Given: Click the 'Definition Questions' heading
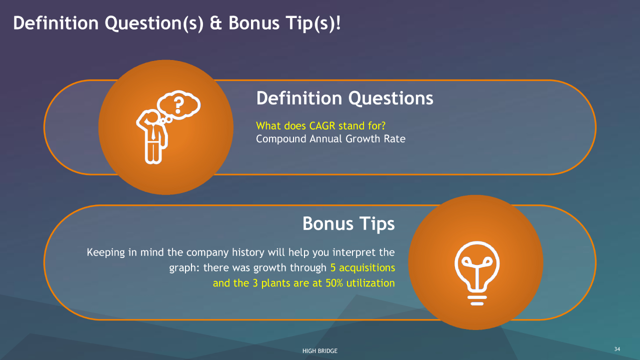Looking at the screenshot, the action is (x=344, y=99).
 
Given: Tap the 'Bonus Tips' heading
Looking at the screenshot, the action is (x=348, y=223).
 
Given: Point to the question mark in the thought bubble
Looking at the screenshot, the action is (x=178, y=105).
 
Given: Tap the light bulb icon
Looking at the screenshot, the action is (x=477, y=273).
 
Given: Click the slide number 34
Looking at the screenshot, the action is (x=617, y=349).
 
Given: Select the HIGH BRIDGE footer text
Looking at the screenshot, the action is (x=320, y=351).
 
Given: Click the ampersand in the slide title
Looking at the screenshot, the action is (x=215, y=23).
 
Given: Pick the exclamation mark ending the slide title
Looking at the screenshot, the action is (x=338, y=23).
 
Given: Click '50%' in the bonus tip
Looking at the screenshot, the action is (x=334, y=283).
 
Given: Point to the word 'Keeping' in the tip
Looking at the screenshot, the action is (x=105, y=253).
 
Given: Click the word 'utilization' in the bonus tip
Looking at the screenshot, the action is (x=370, y=283).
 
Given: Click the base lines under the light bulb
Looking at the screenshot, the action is (x=477, y=300).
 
